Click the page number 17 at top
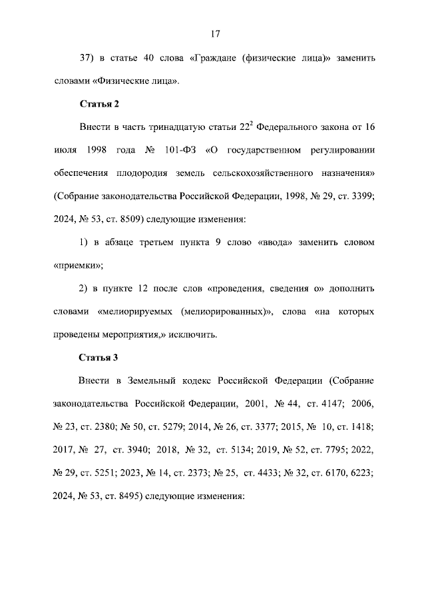(x=213, y=34)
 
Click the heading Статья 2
(x=99, y=105)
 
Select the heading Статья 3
(x=99, y=357)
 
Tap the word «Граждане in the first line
(x=213, y=58)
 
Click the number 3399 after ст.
(x=361, y=197)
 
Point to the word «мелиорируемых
(x=136, y=312)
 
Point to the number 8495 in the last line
(x=130, y=496)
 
